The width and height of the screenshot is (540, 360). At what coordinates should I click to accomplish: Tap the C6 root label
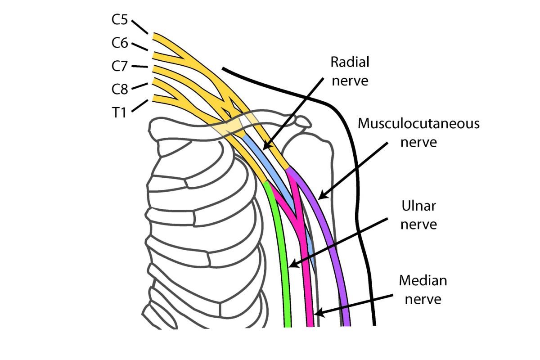pyautogui.click(x=119, y=43)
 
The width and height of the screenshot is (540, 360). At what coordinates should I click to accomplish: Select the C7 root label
pyautogui.click(x=119, y=66)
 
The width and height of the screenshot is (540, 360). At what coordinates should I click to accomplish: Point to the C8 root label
pyautogui.click(x=119, y=89)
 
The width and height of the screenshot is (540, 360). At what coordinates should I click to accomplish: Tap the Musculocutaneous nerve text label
pyautogui.click(x=418, y=133)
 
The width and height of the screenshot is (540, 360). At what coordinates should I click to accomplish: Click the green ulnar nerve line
pyautogui.click(x=282, y=261)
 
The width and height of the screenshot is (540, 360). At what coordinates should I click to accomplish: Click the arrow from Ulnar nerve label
pyautogui.click(x=337, y=243)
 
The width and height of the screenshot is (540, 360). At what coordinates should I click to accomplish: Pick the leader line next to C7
pyautogui.click(x=141, y=67)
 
